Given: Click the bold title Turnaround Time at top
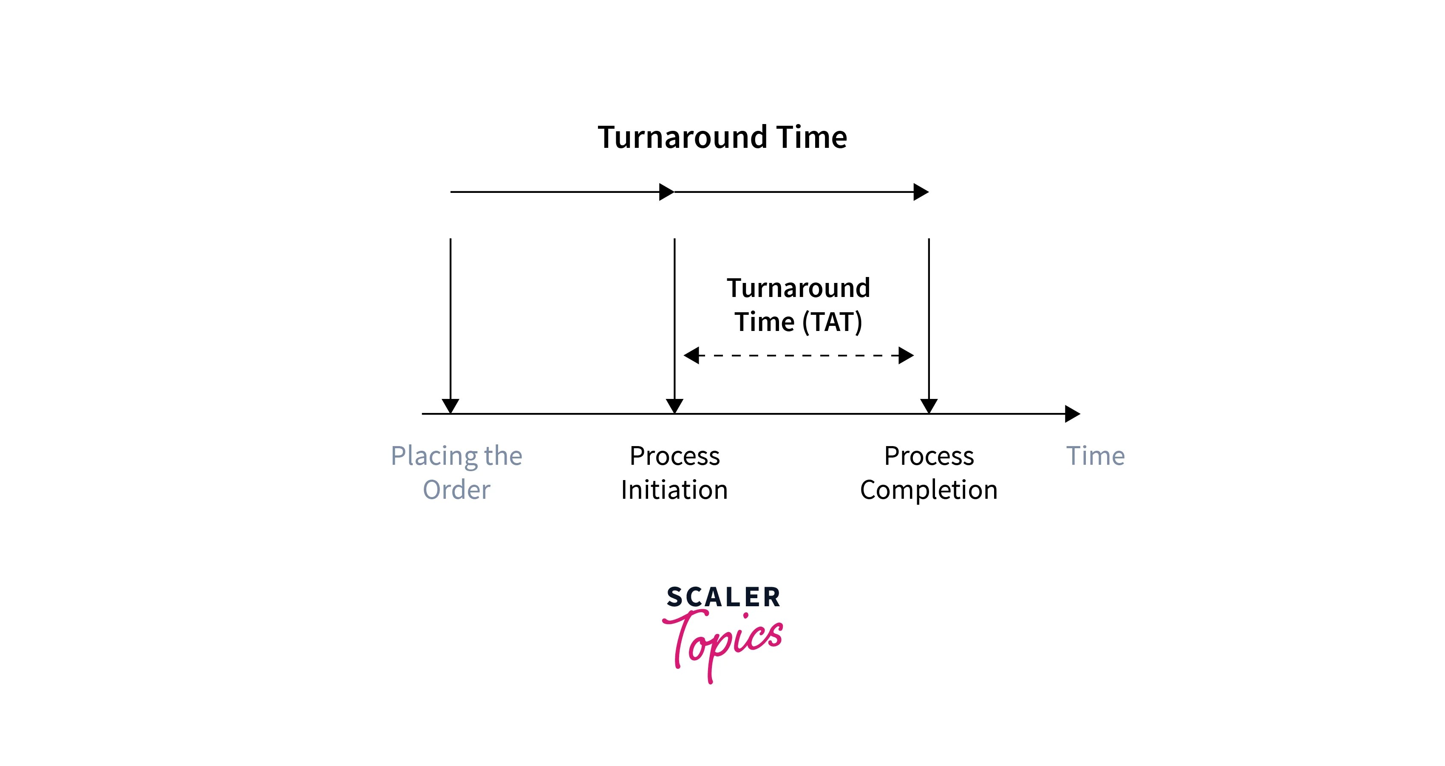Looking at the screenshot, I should click(x=722, y=137).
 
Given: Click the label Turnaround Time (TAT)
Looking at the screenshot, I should click(x=798, y=305).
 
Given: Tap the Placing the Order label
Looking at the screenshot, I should click(x=456, y=472).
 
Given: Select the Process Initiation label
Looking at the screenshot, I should click(x=674, y=472).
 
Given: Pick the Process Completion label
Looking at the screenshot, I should click(x=929, y=472).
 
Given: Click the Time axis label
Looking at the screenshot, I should click(x=1095, y=456).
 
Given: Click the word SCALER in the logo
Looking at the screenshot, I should click(x=723, y=597).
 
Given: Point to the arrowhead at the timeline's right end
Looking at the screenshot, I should click(x=1072, y=414).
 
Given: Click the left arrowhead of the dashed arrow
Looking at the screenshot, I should click(x=691, y=355).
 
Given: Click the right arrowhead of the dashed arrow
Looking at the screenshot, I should click(x=906, y=355).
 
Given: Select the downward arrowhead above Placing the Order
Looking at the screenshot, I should click(x=450, y=405).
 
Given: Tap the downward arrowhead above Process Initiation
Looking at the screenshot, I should click(x=674, y=405).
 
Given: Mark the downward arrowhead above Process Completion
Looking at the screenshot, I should click(x=929, y=405).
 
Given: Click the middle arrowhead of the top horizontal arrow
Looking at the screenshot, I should click(x=666, y=192).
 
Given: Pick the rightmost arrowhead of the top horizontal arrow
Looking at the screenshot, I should click(x=921, y=192).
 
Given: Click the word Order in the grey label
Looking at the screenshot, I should click(x=456, y=489).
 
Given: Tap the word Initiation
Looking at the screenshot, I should click(x=674, y=489).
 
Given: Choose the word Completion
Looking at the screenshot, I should click(x=929, y=489).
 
